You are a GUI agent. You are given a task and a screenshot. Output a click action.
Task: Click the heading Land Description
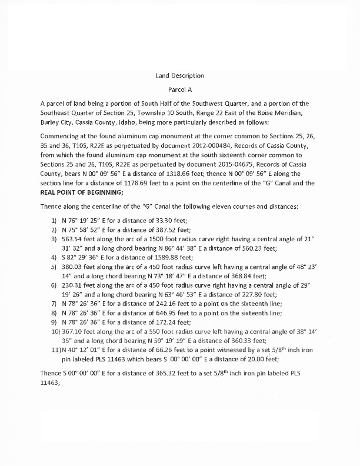[x=179, y=76]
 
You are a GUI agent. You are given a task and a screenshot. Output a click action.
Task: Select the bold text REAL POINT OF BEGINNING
[x=82, y=193]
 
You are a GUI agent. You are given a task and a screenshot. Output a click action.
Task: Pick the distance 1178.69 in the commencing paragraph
[x=138, y=184]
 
